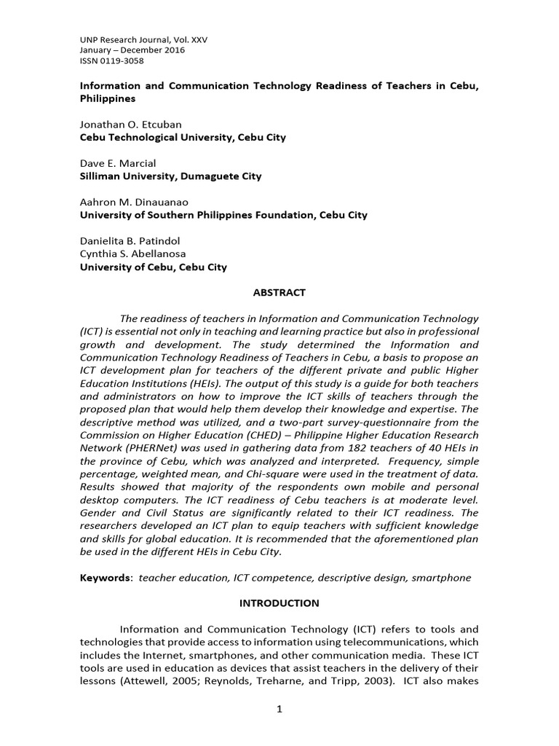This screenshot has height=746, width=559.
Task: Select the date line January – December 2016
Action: pos(132,50)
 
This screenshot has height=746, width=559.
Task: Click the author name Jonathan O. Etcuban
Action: pos(130,125)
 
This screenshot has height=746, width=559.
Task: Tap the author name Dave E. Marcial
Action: pos(117,163)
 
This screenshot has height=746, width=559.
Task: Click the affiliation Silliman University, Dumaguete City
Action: pos(170,176)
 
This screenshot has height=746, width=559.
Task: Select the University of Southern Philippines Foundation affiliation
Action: pos(223,215)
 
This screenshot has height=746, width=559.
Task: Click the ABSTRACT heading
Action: pos(279,293)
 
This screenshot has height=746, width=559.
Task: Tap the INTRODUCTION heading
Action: pos(279,603)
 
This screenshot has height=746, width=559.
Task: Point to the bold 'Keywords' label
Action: pos(106,578)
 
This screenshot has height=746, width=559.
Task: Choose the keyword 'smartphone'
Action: pos(441,578)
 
